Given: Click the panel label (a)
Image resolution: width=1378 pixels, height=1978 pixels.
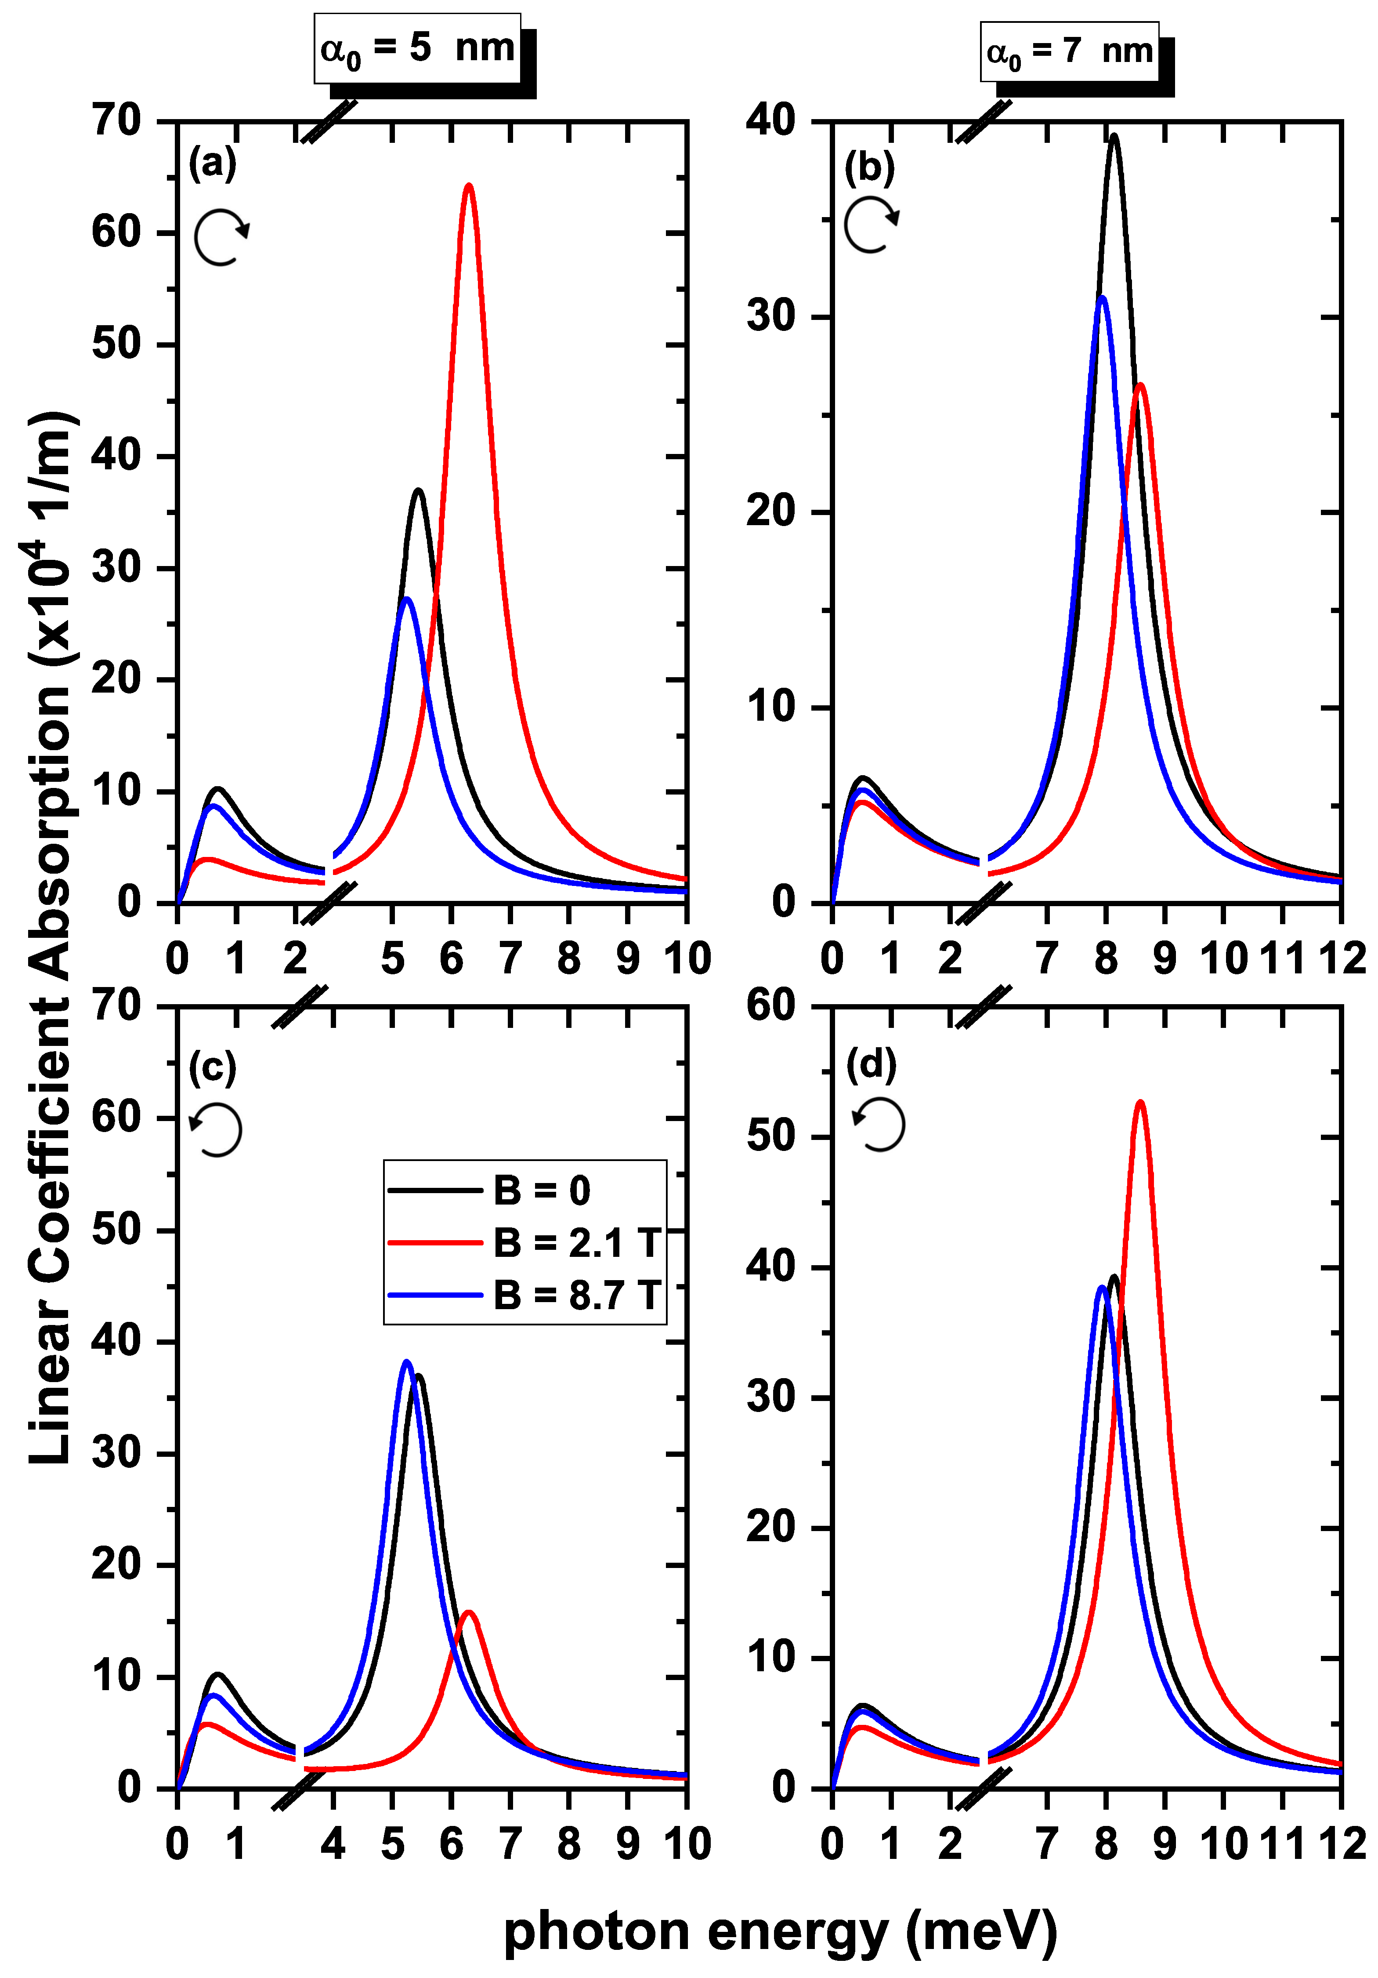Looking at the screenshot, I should [212, 162].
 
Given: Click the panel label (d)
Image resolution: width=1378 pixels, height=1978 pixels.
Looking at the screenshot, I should [871, 1065].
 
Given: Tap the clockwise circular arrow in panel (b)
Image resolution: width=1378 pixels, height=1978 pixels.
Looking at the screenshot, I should [872, 224].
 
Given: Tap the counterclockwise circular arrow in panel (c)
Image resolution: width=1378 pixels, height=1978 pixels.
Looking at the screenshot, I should [216, 1129].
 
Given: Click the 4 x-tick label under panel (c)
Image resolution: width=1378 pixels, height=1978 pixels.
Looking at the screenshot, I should [333, 1844].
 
